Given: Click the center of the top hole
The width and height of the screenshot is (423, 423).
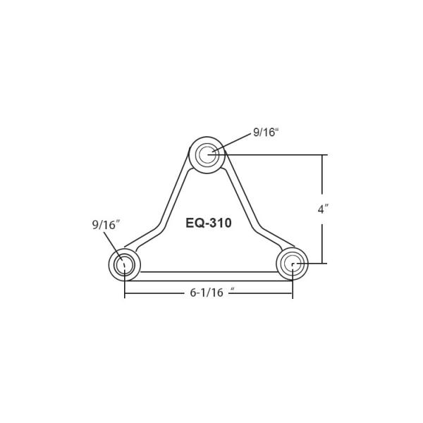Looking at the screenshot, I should [207, 154].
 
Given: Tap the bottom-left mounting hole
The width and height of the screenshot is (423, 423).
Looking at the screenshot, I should [124, 265].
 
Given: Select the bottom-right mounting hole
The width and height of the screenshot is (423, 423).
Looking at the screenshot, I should [292, 264].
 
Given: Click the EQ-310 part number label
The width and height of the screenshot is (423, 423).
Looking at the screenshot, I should [209, 223].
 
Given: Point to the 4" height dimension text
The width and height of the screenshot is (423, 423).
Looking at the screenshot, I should [324, 209].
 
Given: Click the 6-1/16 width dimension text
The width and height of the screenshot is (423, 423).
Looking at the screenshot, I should [207, 293].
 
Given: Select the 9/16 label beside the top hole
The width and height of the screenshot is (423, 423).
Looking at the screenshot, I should [266, 133].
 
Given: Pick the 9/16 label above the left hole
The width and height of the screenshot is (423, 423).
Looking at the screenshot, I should [106, 225].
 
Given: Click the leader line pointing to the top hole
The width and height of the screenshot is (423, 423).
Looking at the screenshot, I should [232, 143].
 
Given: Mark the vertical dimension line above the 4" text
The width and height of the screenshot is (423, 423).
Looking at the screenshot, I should [322, 176].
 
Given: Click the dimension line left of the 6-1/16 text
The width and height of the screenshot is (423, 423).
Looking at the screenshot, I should [155, 293].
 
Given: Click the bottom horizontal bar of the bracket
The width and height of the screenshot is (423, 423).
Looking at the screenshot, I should [208, 276].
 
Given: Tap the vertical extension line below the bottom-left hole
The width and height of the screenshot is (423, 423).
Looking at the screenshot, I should [125, 286].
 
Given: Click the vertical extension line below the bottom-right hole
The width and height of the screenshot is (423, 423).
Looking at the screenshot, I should [293, 286].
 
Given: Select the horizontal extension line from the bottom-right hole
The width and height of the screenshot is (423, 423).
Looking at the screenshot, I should [314, 264].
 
